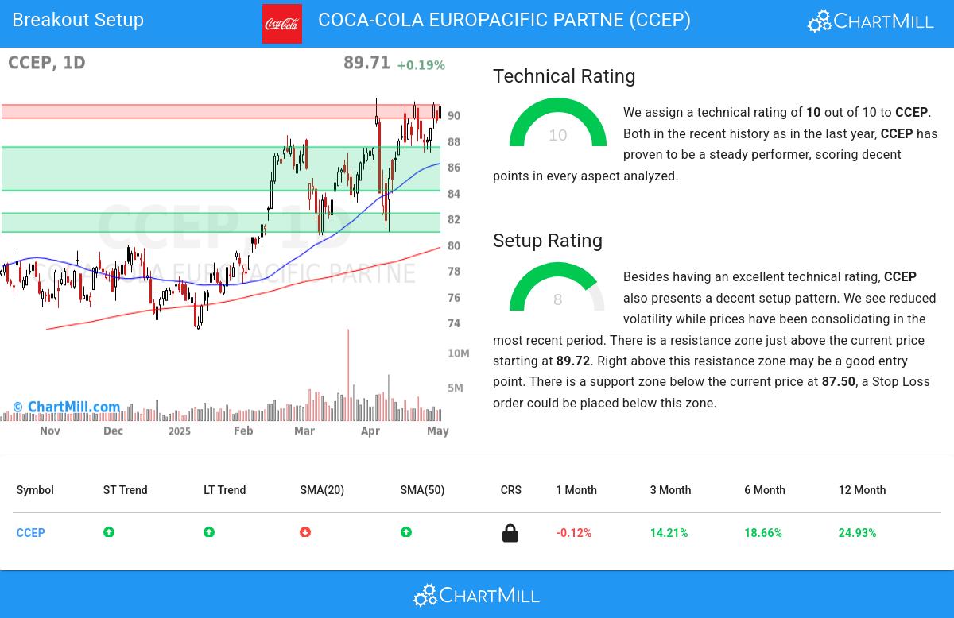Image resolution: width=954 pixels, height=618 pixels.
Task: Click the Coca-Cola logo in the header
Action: tap(282, 24)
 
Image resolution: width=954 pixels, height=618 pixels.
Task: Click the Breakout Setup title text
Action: tap(78, 20)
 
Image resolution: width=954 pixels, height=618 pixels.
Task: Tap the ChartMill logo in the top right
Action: tap(871, 21)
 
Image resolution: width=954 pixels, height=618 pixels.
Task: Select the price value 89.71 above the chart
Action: tap(366, 63)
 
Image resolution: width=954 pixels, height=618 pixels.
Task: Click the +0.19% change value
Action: tap(421, 65)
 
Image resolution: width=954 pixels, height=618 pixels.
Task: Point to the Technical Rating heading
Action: tap(564, 76)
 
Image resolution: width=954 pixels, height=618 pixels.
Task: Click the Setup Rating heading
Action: tap(547, 241)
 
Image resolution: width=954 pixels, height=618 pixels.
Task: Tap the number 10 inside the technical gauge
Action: tap(557, 135)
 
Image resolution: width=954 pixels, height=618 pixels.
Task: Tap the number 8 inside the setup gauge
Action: tap(557, 299)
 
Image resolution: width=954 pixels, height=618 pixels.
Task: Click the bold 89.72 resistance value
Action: tap(572, 361)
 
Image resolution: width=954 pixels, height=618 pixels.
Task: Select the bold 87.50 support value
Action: tap(838, 382)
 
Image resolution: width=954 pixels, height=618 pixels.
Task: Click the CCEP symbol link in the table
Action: tap(31, 533)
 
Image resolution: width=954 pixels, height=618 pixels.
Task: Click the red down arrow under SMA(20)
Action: tap(305, 532)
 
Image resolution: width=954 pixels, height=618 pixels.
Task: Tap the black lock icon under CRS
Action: tap(510, 533)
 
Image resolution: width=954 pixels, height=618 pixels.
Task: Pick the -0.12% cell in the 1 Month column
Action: tap(573, 533)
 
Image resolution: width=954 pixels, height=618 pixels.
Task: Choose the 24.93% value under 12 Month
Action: tap(857, 533)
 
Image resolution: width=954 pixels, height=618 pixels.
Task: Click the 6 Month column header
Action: tap(764, 490)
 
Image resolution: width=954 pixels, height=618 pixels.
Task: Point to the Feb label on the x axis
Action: tap(243, 431)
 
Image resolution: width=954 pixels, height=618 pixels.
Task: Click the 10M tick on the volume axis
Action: tap(458, 353)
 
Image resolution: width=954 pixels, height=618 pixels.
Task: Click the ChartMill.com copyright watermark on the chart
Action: tap(67, 407)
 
